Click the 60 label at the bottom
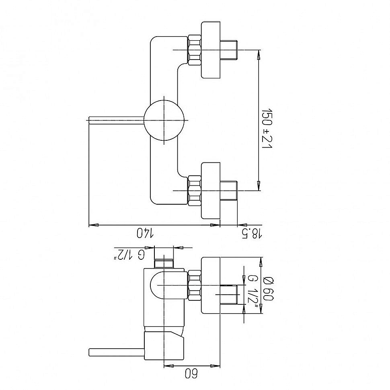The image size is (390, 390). pyautogui.click(x=191, y=374)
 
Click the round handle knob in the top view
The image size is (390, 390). pyautogui.click(x=164, y=120)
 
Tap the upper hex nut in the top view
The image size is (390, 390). pyautogui.click(x=195, y=50)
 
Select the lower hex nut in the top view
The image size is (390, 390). pyautogui.click(x=195, y=191)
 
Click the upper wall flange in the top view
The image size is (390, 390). pyautogui.click(x=211, y=50)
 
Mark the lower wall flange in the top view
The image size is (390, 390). pyautogui.click(x=211, y=191)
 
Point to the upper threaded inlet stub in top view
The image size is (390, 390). pyautogui.click(x=229, y=50)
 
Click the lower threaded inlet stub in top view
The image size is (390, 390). pyautogui.click(x=229, y=191)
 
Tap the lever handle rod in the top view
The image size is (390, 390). pyautogui.click(x=117, y=120)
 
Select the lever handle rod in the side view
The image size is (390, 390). pyautogui.click(x=117, y=353)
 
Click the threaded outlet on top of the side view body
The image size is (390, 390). pyautogui.click(x=164, y=264)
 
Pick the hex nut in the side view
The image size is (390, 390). pyautogui.click(x=195, y=285)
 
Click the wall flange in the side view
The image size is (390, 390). pyautogui.click(x=211, y=285)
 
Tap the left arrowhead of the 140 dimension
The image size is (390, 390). pyautogui.click(x=94, y=225)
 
